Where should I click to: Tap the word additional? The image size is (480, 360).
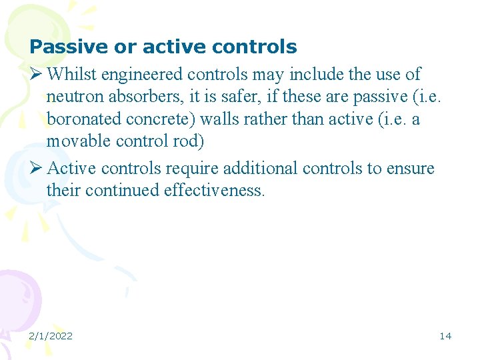click(260, 168)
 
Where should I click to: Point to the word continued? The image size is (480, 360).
click(117, 191)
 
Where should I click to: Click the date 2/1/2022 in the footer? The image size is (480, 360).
click(51, 336)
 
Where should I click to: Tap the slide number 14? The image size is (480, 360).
click(445, 336)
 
